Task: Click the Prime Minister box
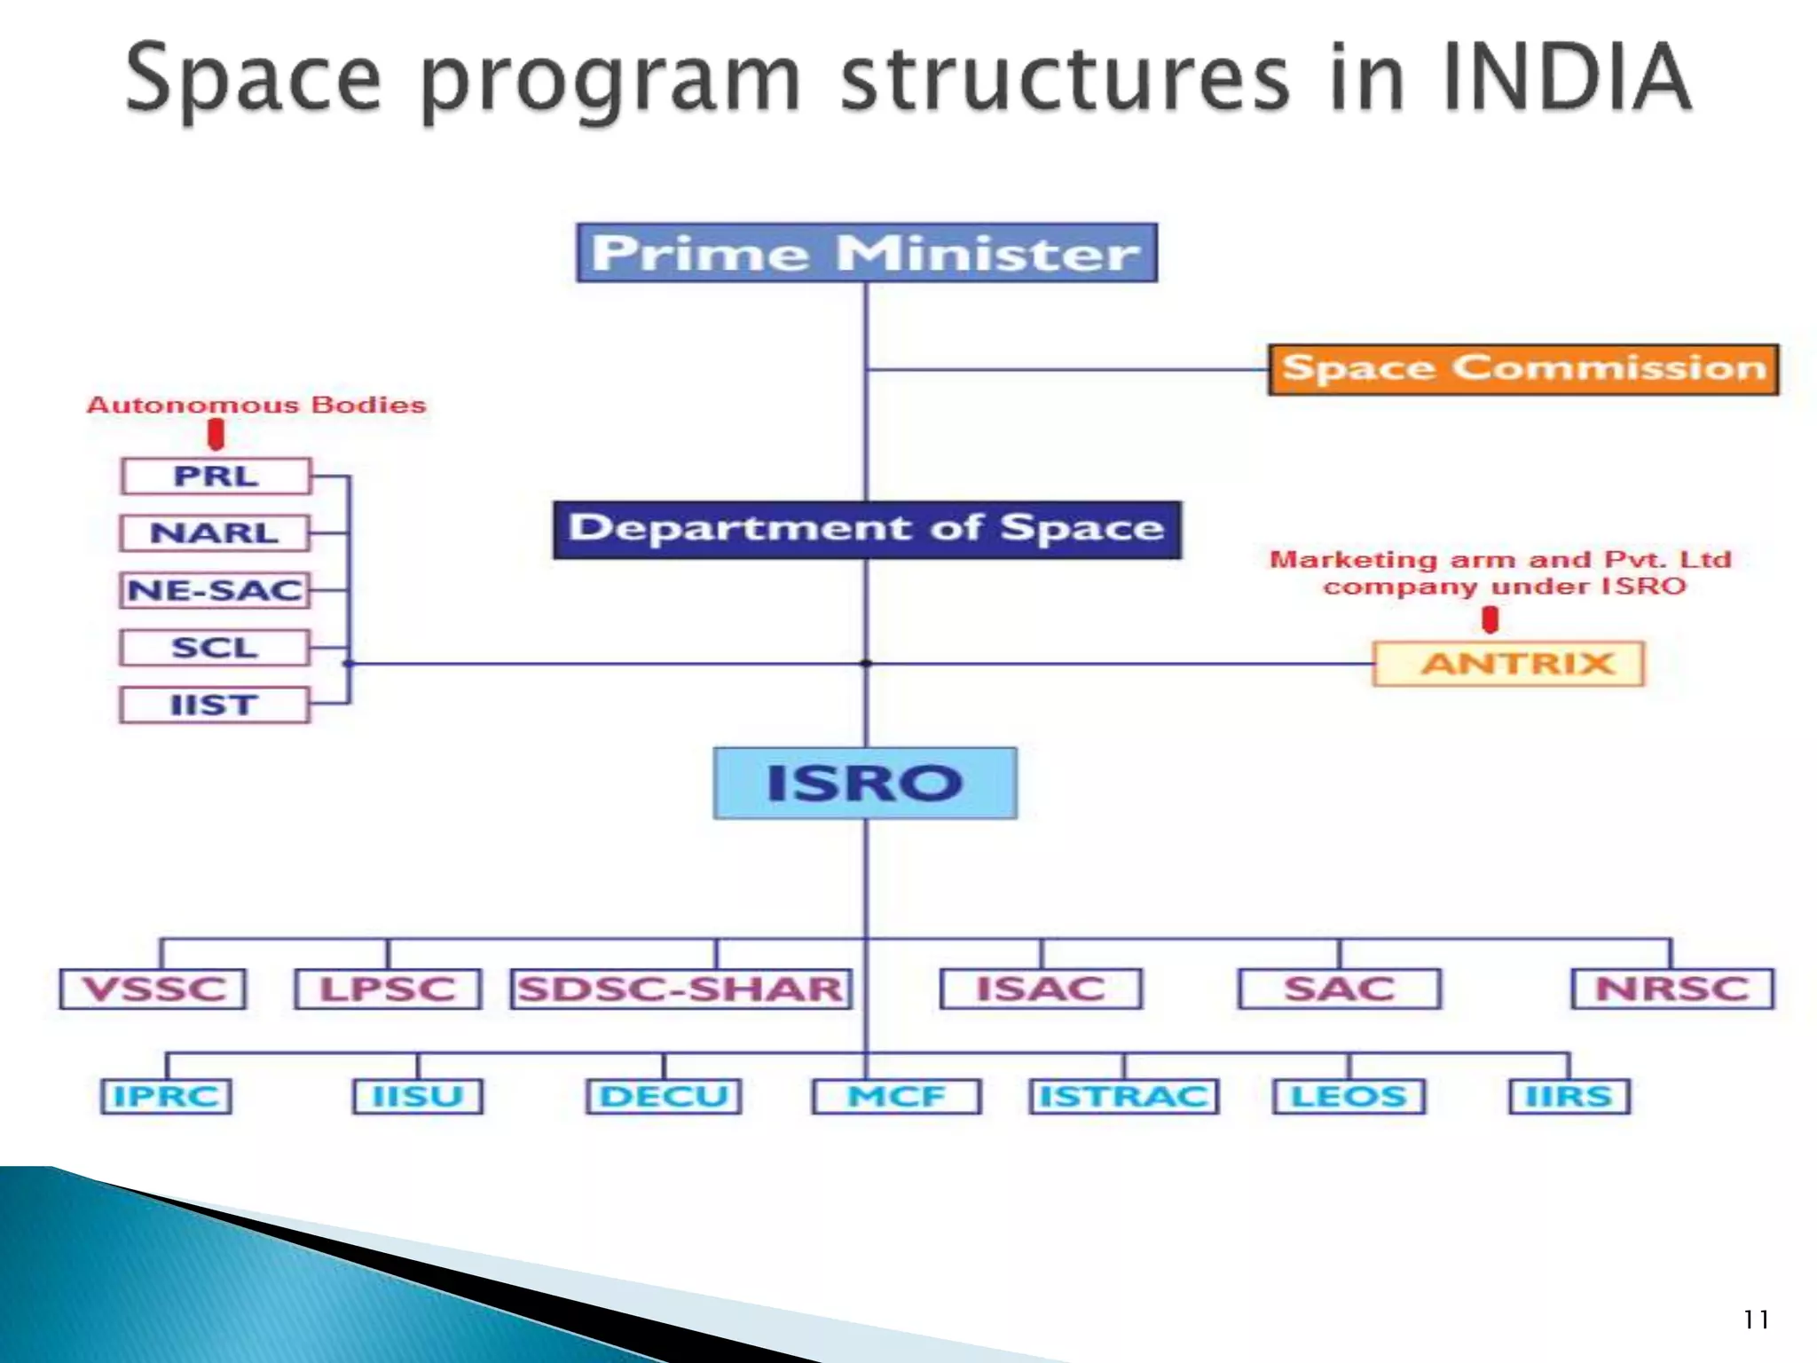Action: [x=866, y=254]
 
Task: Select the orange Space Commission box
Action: [x=1522, y=369]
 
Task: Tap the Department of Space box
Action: [x=866, y=530]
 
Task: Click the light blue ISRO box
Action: [x=865, y=783]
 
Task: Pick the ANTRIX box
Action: [x=1507, y=664]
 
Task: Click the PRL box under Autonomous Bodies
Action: [x=216, y=477]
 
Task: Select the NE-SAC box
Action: [x=215, y=590]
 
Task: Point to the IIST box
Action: [x=215, y=705]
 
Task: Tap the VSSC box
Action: [x=153, y=989]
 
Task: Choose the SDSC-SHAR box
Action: [x=680, y=989]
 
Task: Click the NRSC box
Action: [x=1671, y=989]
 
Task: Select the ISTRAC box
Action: [x=1123, y=1097]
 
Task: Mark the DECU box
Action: [x=664, y=1097]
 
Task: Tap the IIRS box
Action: [x=1569, y=1097]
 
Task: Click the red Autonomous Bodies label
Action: [x=256, y=406]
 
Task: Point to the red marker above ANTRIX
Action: [x=1491, y=619]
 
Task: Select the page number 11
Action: [x=1755, y=1320]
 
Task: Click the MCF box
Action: [x=896, y=1097]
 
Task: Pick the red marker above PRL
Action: [x=216, y=434]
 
